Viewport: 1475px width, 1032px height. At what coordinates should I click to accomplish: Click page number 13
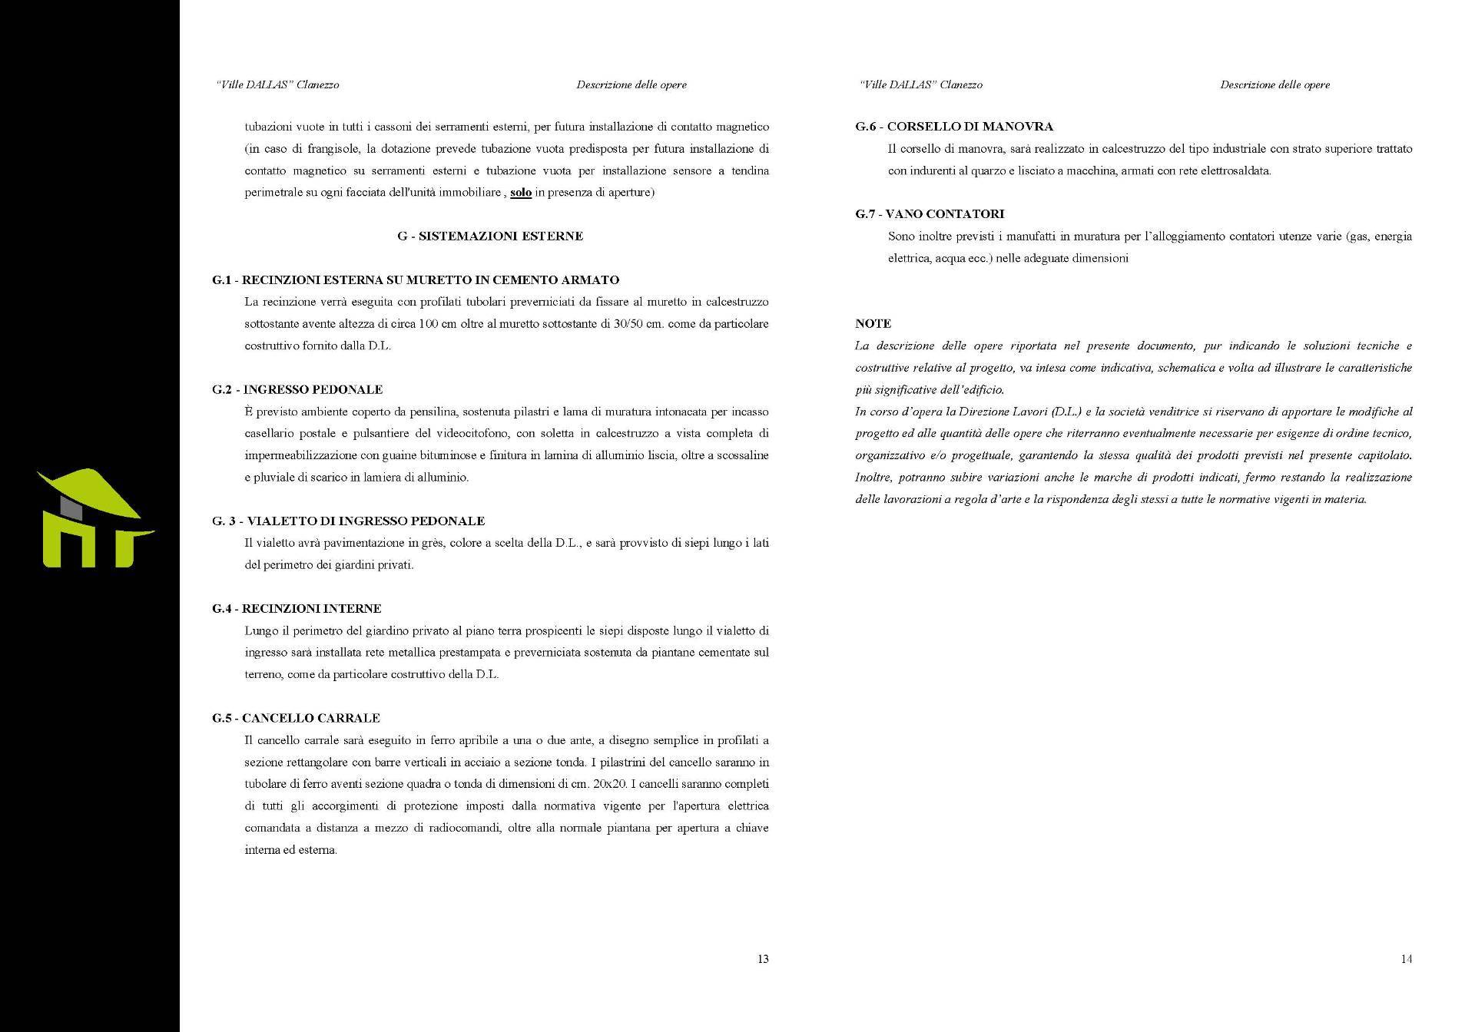click(x=763, y=959)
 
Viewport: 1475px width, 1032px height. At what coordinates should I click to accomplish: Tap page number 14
click(x=1406, y=959)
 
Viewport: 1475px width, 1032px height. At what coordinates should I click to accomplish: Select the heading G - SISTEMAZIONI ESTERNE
click(x=490, y=237)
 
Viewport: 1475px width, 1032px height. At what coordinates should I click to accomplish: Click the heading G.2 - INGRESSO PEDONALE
click(x=297, y=390)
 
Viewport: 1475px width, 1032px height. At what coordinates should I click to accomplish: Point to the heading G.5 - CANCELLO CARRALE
click(x=296, y=719)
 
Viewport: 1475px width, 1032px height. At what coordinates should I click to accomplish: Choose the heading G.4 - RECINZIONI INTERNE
click(x=297, y=609)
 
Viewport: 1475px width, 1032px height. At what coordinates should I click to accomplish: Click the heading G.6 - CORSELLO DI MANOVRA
click(x=954, y=127)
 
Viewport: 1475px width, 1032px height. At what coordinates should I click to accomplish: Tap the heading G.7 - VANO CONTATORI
click(x=930, y=214)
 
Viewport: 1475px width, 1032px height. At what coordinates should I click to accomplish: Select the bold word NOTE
click(x=873, y=324)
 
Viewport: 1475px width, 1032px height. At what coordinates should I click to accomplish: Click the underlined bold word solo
click(x=521, y=193)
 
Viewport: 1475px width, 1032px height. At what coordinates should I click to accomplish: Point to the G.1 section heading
click(x=416, y=280)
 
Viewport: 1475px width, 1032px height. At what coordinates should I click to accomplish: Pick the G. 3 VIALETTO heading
click(x=348, y=521)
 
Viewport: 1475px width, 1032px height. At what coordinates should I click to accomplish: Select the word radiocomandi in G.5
click(x=474, y=829)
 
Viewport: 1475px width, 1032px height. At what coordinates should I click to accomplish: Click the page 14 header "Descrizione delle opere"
click(x=1274, y=85)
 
